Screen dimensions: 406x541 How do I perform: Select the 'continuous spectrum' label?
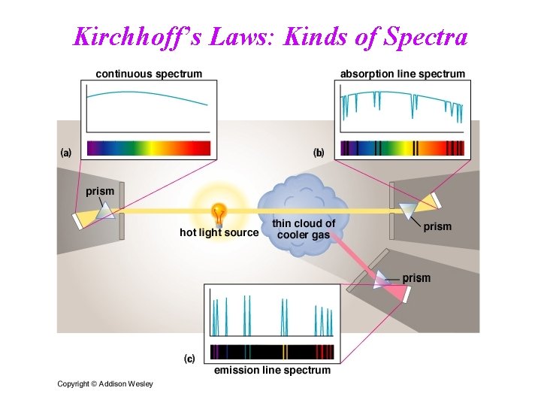149,74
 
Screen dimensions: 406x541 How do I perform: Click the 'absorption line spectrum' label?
403,74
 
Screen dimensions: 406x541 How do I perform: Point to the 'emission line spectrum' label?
272,370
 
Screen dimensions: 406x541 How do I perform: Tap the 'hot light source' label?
219,233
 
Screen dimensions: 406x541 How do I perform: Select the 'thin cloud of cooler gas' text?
304,229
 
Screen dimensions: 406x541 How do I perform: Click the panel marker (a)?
66,152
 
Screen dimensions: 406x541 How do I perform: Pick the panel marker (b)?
319,152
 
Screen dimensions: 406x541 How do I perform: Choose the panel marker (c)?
190,359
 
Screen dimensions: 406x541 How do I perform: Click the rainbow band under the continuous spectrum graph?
149,147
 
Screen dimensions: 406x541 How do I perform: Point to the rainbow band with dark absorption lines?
402,147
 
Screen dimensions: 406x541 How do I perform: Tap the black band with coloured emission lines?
272,351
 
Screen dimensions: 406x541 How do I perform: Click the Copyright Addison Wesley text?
105,384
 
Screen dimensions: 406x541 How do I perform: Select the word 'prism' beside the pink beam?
416,278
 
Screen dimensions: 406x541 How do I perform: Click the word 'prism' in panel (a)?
100,192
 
